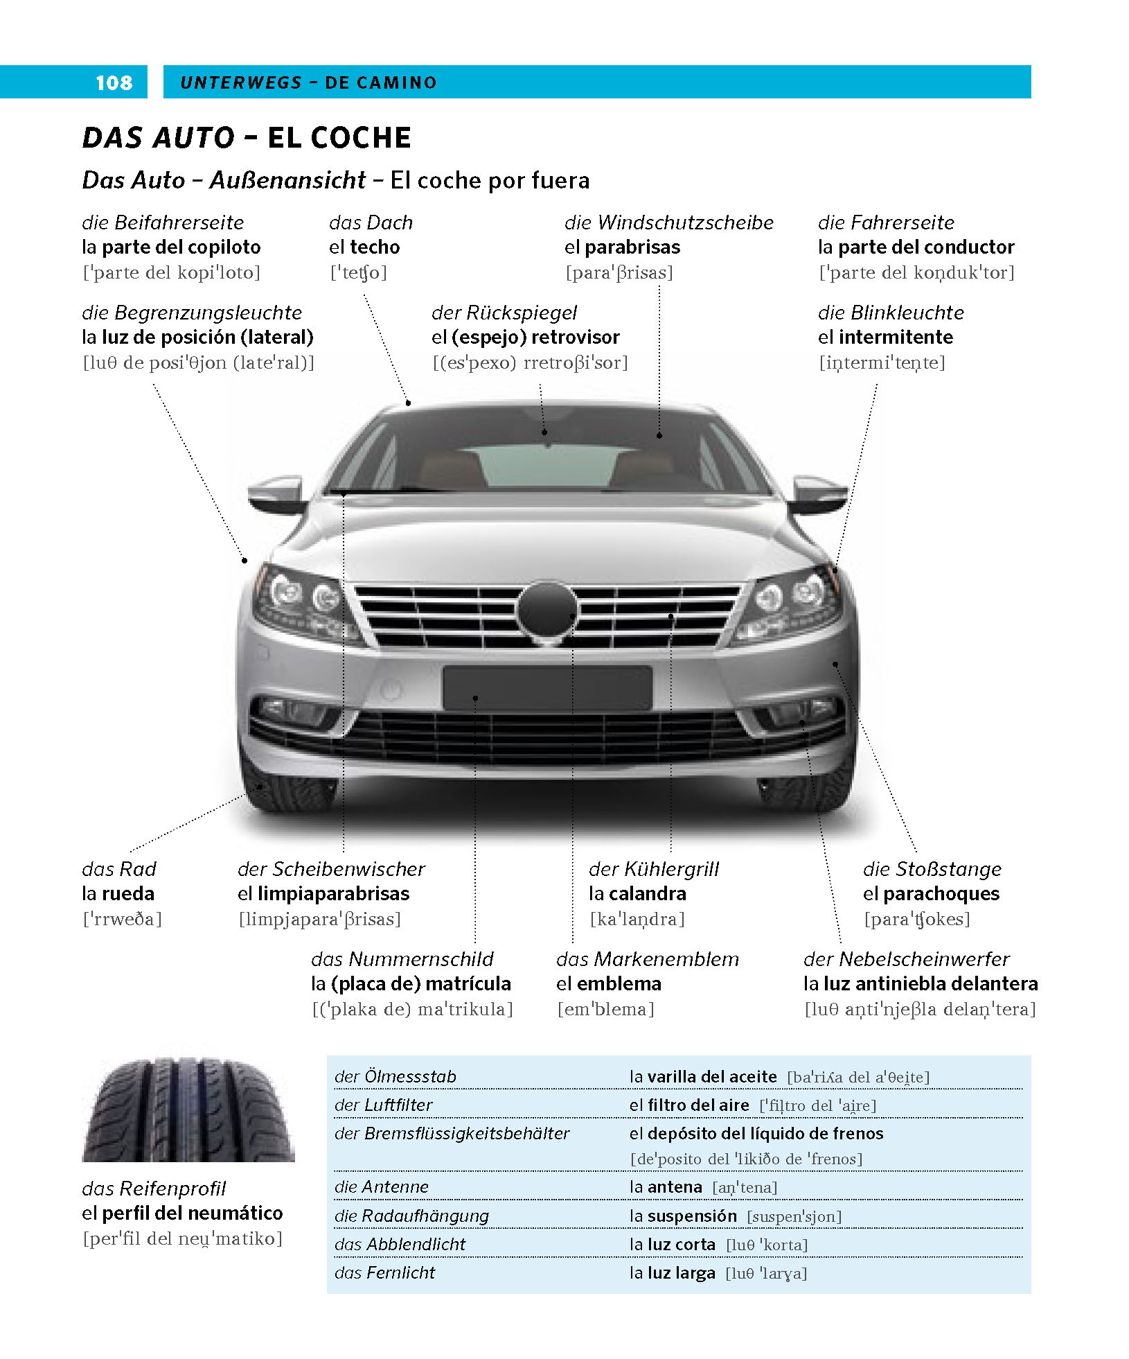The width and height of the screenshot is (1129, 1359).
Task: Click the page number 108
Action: point(114,82)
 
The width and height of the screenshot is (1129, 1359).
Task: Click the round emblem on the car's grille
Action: point(546,609)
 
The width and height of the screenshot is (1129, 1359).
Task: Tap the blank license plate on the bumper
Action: point(547,688)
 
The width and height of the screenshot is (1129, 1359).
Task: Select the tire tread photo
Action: point(188,1109)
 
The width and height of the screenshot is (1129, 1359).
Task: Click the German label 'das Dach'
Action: point(371,222)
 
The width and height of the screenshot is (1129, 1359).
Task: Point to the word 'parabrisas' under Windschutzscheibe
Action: point(632,247)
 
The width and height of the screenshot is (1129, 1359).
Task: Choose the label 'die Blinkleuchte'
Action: point(890,313)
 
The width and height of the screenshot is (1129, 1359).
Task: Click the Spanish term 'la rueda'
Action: point(118,893)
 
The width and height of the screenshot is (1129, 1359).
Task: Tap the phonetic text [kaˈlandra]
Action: point(637,919)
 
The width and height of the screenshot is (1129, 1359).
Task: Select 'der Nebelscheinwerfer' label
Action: point(906,959)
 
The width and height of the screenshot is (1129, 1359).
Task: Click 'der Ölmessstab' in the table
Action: point(395,1076)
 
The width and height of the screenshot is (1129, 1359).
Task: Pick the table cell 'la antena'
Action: point(666,1187)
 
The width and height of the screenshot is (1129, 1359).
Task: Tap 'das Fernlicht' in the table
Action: point(384,1272)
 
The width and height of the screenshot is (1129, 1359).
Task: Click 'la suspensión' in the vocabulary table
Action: point(683,1216)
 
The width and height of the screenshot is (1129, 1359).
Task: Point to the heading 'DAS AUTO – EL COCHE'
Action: point(247,137)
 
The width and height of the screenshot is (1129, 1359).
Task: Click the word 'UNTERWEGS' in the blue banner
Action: point(240,82)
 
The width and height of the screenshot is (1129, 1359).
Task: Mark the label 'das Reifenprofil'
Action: point(154,1189)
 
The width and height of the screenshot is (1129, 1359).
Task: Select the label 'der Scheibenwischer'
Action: point(331,869)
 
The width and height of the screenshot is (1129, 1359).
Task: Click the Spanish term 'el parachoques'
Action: point(931,894)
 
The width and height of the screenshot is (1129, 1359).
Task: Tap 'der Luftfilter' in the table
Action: point(383,1105)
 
